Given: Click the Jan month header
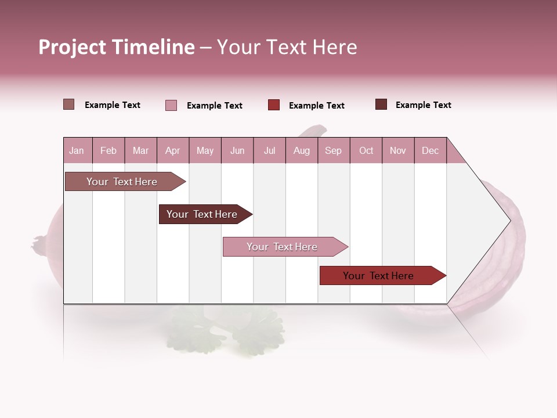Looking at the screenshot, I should tap(77, 150).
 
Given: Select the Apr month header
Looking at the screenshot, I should tap(172, 150).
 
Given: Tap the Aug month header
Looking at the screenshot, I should tap(301, 150).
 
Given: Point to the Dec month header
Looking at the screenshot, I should tap(430, 150).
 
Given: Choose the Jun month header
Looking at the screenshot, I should tap(237, 150).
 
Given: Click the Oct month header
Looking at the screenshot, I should tap(366, 150).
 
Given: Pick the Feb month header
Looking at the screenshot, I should tap(108, 150).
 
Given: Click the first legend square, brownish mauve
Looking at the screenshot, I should tap(68, 105).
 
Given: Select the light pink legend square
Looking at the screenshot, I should tap(171, 105).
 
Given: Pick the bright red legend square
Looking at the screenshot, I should tap(274, 105).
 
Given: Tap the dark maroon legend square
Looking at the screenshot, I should tap(381, 105).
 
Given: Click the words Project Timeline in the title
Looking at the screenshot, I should tap(116, 47).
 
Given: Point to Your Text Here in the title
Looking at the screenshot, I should tap(287, 47).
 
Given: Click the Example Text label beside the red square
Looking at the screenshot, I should tap(316, 106).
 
